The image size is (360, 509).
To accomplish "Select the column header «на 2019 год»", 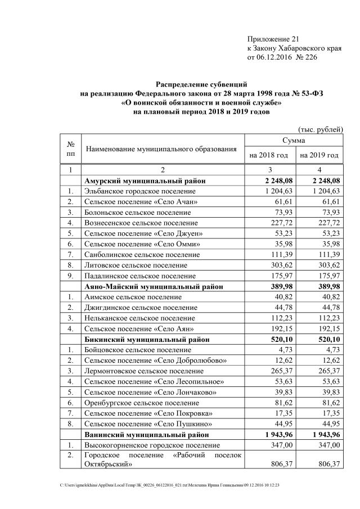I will [x=319, y=155].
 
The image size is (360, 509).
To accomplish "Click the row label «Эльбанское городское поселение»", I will [x=139, y=191].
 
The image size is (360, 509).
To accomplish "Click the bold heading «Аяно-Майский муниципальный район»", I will [x=153, y=286].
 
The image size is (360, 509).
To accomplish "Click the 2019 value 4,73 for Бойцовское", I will [x=332, y=350].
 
